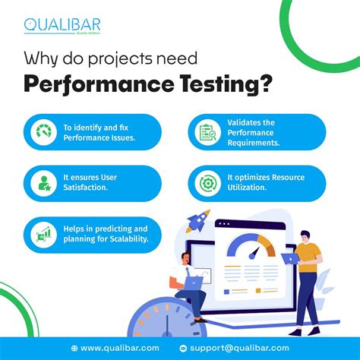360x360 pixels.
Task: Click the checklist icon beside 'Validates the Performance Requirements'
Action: (208, 132)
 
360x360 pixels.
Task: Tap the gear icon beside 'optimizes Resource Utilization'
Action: (208, 183)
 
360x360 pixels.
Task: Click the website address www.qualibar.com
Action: (116, 347)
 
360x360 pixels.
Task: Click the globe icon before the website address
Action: (74, 347)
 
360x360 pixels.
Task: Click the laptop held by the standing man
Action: (289, 258)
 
